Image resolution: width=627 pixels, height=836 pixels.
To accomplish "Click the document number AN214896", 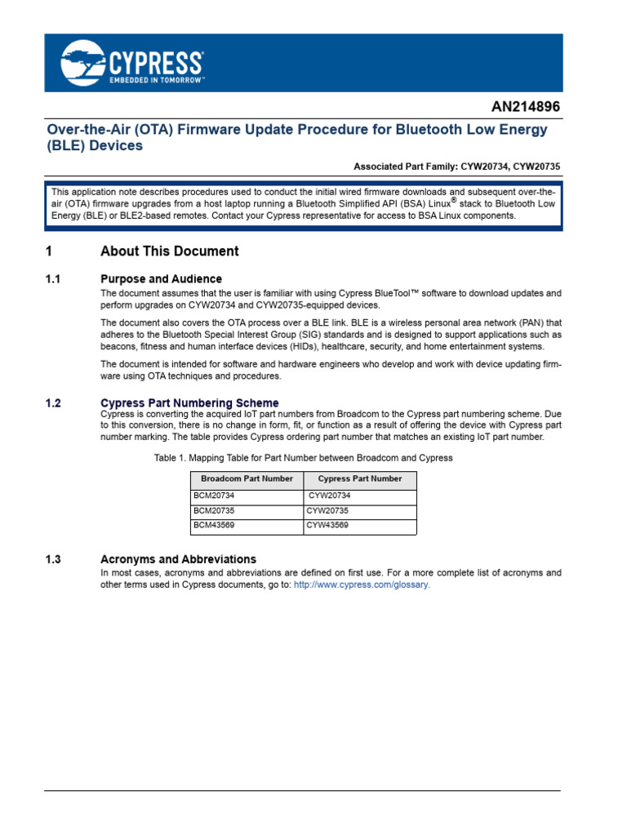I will click(x=526, y=107).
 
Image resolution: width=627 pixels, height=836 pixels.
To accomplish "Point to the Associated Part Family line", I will click(x=456, y=166).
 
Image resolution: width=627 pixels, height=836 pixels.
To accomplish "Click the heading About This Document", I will click(x=169, y=251).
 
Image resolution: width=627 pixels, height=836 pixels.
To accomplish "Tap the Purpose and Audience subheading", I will click(x=161, y=278).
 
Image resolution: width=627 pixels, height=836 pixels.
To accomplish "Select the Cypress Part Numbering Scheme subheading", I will click(x=189, y=403).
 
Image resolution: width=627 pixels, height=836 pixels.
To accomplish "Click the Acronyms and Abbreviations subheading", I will click(x=178, y=559).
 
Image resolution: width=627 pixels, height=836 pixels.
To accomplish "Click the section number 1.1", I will click(x=54, y=278).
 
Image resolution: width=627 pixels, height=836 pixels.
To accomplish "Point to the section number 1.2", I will click(x=54, y=403).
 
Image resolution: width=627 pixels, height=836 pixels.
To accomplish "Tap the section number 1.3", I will click(x=54, y=559).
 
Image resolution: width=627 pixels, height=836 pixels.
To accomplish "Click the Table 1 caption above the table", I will click(x=303, y=458).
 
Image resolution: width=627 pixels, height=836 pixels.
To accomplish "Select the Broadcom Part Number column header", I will click(x=247, y=479).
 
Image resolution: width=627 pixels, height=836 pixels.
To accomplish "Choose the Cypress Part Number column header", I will click(x=359, y=479).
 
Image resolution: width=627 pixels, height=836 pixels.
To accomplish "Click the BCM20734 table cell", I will click(x=214, y=496).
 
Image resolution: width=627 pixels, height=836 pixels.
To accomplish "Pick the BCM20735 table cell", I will click(x=214, y=510).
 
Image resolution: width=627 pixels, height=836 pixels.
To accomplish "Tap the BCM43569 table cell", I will click(x=214, y=525).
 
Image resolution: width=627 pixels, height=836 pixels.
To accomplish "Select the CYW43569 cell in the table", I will click(x=327, y=525).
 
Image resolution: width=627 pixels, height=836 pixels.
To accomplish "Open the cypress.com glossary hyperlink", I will click(x=362, y=585).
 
